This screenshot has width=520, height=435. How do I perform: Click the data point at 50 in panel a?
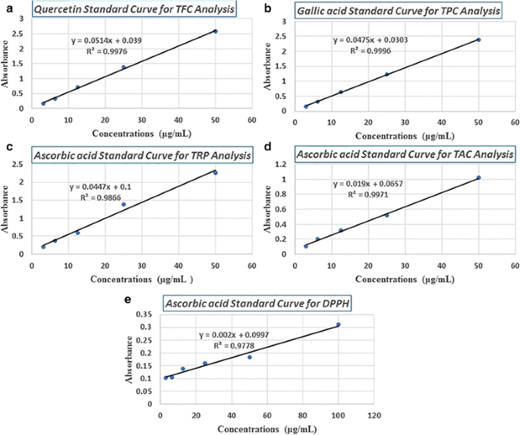(x=216, y=31)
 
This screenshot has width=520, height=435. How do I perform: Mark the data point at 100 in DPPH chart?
(x=339, y=325)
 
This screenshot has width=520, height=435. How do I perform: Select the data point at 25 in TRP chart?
(x=124, y=204)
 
